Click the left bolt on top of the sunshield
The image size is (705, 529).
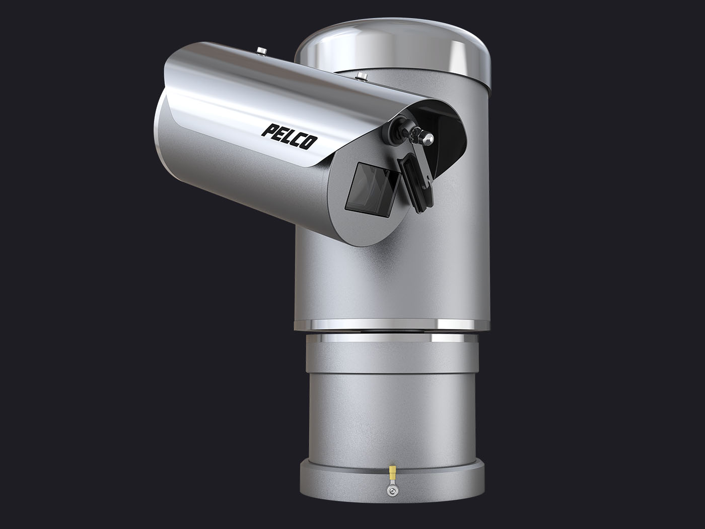click(261, 50)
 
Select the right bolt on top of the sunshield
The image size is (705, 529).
click(361, 76)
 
